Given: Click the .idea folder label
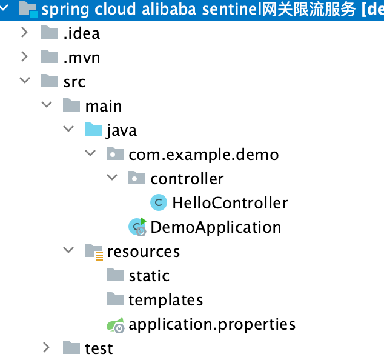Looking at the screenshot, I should point(81,33).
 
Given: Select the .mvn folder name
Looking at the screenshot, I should point(81,58).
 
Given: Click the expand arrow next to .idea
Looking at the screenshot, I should point(25,33).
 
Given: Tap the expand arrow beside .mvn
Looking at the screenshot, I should point(25,57).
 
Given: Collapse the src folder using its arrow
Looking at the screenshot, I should point(25,81).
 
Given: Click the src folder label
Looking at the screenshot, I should point(74,82).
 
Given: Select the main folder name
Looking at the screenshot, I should point(103,106).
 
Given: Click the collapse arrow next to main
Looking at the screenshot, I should point(47,105).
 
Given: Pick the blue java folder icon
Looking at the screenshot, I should point(93,130).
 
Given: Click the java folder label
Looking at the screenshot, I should point(121,130).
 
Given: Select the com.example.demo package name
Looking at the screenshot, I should point(204,155).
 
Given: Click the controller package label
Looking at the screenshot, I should point(187,179).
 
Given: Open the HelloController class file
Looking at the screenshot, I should point(230,203).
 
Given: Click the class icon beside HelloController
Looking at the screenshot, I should point(158,203).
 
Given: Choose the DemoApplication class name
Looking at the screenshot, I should point(216,227).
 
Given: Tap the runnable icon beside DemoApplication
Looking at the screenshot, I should point(137,227).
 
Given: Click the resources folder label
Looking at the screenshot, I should point(143,252).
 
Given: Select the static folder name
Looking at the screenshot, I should point(148,276).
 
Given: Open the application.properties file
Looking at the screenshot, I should point(211,324).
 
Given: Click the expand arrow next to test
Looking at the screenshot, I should point(47,348).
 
